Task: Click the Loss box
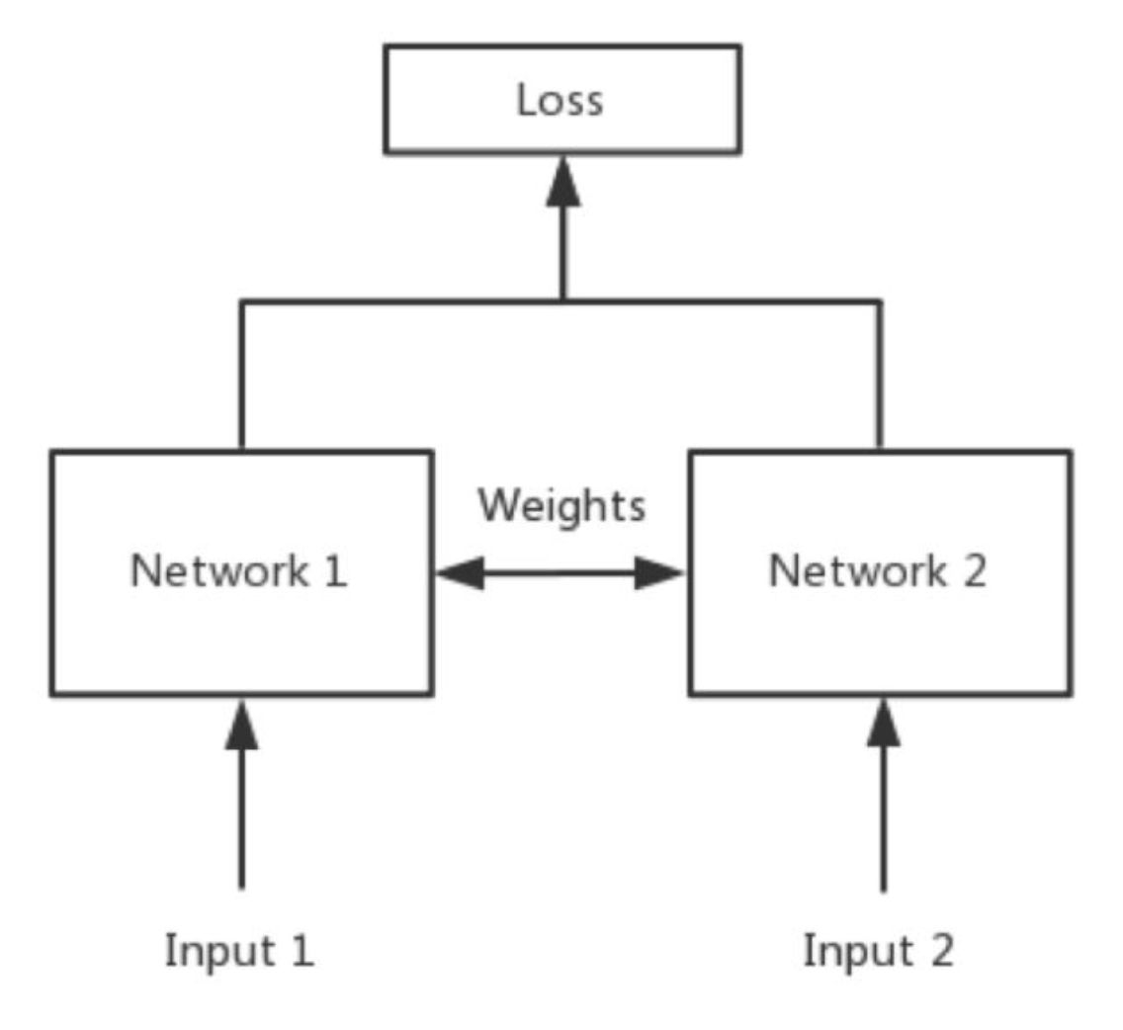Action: coord(561,99)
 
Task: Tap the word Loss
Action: coord(560,101)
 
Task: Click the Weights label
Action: coord(561,506)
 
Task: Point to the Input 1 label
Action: coord(239,951)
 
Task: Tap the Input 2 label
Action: coord(878,951)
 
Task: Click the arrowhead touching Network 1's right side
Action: coord(459,572)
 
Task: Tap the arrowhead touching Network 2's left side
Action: coord(658,572)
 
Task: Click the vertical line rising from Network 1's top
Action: coord(240,376)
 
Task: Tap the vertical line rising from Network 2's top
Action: coord(880,376)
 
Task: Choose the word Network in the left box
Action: coord(218,572)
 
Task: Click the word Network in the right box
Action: coord(856,572)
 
